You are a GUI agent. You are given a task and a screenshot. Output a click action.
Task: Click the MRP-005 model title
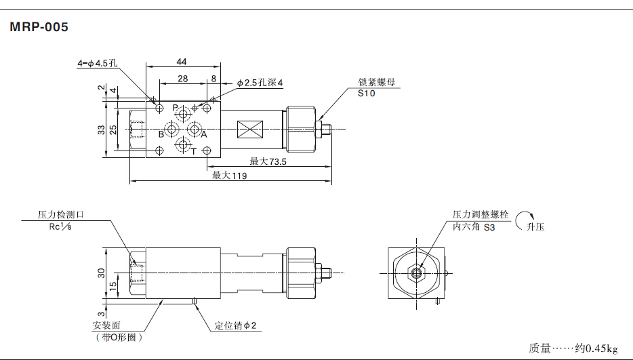pos(39,28)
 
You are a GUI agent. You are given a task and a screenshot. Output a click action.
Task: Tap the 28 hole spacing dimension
pos(182,79)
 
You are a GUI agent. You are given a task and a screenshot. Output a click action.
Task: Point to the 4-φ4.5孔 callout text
pos(98,64)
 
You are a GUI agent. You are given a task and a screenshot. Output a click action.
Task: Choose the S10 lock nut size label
pos(366,94)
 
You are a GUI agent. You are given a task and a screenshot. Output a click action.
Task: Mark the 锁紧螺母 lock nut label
pos(376,83)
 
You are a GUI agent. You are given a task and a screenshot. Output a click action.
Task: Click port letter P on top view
pos(174,108)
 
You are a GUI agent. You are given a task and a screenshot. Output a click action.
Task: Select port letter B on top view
pos(161,134)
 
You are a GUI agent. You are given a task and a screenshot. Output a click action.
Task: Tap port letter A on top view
pos(203,134)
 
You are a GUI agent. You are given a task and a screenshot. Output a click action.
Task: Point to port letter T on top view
pos(193,151)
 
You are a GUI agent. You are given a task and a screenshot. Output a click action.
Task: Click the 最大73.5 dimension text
pos(268,161)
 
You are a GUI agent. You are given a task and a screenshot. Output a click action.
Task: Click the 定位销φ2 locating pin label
pos(235,326)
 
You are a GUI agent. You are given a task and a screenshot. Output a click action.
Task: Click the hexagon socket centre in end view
pos(416,273)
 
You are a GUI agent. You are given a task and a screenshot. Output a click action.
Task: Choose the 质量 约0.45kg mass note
pos(573,348)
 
